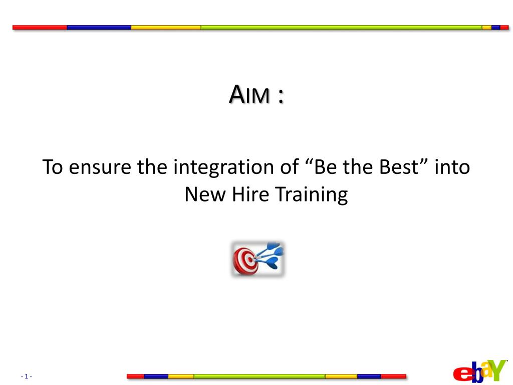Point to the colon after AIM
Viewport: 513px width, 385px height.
pos(280,97)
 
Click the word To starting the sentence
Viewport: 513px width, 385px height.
pos(52,167)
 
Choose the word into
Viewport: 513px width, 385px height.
pos(452,167)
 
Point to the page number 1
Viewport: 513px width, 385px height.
pos(27,376)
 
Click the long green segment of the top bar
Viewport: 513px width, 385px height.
pos(341,28)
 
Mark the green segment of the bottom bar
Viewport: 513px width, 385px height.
pos(259,376)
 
